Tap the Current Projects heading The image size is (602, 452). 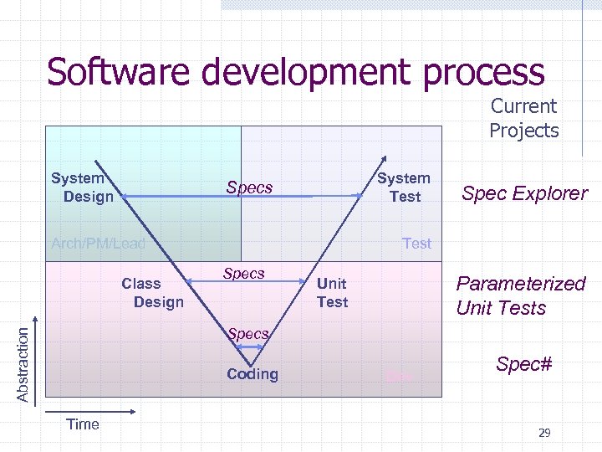pyautogui.click(x=523, y=119)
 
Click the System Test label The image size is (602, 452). pyautogui.click(x=404, y=187)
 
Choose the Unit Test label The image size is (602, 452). pyautogui.click(x=332, y=293)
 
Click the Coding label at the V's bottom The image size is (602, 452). pyautogui.click(x=252, y=374)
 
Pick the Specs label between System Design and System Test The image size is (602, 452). pyautogui.click(x=249, y=187)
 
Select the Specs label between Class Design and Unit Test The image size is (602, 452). pyautogui.click(x=244, y=274)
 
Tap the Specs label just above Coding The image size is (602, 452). pyautogui.click(x=248, y=334)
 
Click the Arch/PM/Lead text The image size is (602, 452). pyautogui.click(x=98, y=244)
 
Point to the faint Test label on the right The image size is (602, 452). pyautogui.click(x=416, y=244)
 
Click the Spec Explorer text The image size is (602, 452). pyautogui.click(x=524, y=194)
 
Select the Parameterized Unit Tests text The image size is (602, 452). pyautogui.click(x=520, y=295)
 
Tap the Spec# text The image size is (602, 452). pyautogui.click(x=524, y=364)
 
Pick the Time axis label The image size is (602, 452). pyautogui.click(x=83, y=424)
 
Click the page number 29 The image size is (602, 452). pyautogui.click(x=544, y=433)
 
